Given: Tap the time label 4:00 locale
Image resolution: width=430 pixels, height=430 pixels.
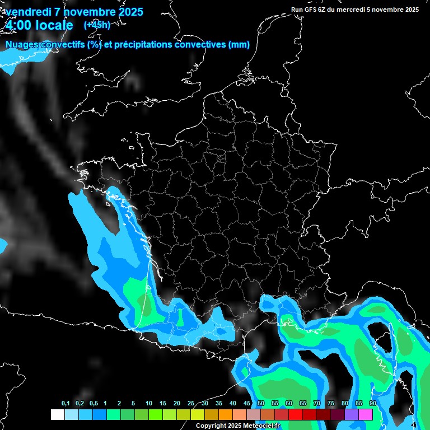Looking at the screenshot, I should click(x=40, y=25).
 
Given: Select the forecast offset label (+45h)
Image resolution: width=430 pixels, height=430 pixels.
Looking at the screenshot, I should click(x=97, y=25).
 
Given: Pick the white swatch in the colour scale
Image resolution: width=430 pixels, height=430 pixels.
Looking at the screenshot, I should click(x=58, y=414).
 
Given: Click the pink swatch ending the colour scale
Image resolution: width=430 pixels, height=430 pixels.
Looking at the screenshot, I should click(x=366, y=414).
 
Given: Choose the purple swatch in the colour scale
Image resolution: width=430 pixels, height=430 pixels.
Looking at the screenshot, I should click(x=352, y=414).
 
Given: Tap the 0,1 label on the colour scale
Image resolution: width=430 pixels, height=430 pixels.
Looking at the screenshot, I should click(x=66, y=404).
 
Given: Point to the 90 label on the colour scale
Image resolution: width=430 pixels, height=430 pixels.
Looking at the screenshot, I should click(x=372, y=404).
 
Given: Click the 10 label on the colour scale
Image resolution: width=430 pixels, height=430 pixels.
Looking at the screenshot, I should click(x=148, y=404).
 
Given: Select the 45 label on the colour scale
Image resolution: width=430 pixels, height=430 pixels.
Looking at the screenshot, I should click(x=247, y=404).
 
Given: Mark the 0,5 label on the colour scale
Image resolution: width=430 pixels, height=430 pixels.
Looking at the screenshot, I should click(x=94, y=404).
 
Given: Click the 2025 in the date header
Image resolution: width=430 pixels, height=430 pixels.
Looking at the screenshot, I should click(x=127, y=12).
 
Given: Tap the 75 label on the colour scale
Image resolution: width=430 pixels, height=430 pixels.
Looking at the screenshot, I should click(x=331, y=404).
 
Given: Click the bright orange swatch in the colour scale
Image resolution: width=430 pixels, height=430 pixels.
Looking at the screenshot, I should click(x=226, y=414).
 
